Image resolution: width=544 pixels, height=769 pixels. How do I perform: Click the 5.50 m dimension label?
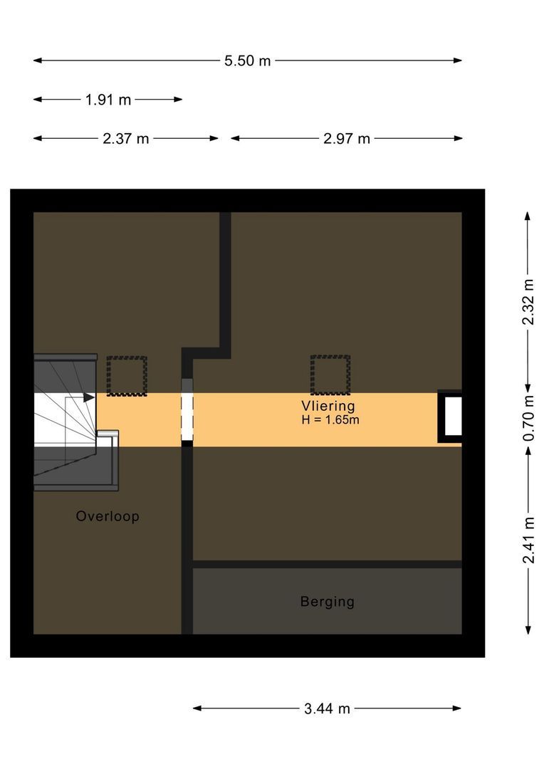pyautogui.click(x=247, y=61)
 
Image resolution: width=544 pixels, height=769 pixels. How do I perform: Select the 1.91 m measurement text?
pyautogui.click(x=108, y=100)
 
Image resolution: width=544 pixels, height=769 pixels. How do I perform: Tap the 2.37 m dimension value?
pyautogui.click(x=125, y=138)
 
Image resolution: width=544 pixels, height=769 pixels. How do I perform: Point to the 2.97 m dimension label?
pyautogui.click(x=347, y=138)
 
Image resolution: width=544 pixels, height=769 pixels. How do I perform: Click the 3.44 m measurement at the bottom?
pyautogui.click(x=327, y=708)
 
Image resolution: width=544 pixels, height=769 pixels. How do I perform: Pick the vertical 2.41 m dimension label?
pyautogui.click(x=528, y=539)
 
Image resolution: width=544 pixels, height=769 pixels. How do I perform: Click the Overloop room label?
pyautogui.click(x=108, y=516)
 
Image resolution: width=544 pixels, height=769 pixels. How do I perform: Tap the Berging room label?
pyautogui.click(x=327, y=602)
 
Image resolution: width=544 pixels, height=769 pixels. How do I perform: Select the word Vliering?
pyautogui.click(x=328, y=406)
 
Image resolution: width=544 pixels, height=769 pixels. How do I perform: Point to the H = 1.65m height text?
pyautogui.click(x=330, y=420)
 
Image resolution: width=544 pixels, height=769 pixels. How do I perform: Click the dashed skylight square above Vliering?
pyautogui.click(x=330, y=375)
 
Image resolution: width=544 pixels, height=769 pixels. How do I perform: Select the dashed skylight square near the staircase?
pyautogui.click(x=127, y=375)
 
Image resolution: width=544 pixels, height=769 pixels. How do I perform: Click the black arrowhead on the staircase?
pyautogui.click(x=89, y=397)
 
